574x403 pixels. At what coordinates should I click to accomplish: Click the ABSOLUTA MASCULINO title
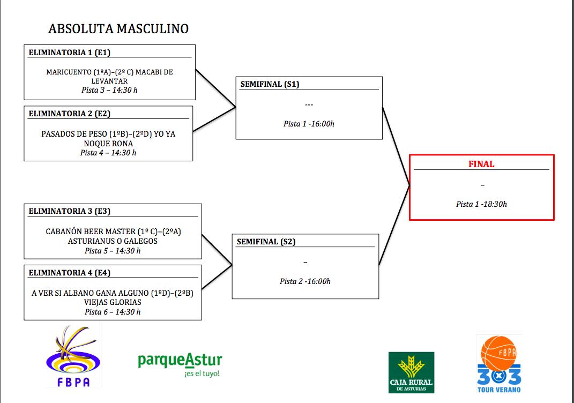[118, 28]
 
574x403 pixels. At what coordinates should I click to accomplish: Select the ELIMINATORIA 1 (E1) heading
[70, 53]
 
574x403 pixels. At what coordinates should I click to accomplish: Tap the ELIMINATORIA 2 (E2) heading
[70, 114]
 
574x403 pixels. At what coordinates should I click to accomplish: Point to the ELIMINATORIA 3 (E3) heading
[70, 211]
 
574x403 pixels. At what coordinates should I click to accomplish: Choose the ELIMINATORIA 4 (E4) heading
[70, 273]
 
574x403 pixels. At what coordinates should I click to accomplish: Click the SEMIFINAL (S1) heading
[270, 84]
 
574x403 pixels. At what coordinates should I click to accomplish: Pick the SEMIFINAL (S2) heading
[266, 242]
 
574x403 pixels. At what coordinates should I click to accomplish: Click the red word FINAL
[481, 164]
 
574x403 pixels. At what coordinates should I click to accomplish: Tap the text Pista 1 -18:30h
[481, 204]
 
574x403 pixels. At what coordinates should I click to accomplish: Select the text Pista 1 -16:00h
[309, 124]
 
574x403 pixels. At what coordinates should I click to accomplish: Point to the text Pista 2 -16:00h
[305, 281]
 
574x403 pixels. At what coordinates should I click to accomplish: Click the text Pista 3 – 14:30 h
[109, 90]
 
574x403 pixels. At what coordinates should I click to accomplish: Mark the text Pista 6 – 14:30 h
[113, 312]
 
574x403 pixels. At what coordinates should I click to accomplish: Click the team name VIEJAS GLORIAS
[113, 302]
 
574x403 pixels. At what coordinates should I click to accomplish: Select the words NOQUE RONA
[108, 144]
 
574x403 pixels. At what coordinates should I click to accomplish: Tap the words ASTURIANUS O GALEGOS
[113, 241]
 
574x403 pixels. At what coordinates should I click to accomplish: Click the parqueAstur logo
[180, 364]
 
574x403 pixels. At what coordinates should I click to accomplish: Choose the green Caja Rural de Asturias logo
[412, 372]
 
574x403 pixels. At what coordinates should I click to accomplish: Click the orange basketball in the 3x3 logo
[498, 353]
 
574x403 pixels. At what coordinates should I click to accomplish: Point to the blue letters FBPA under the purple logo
[73, 382]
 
